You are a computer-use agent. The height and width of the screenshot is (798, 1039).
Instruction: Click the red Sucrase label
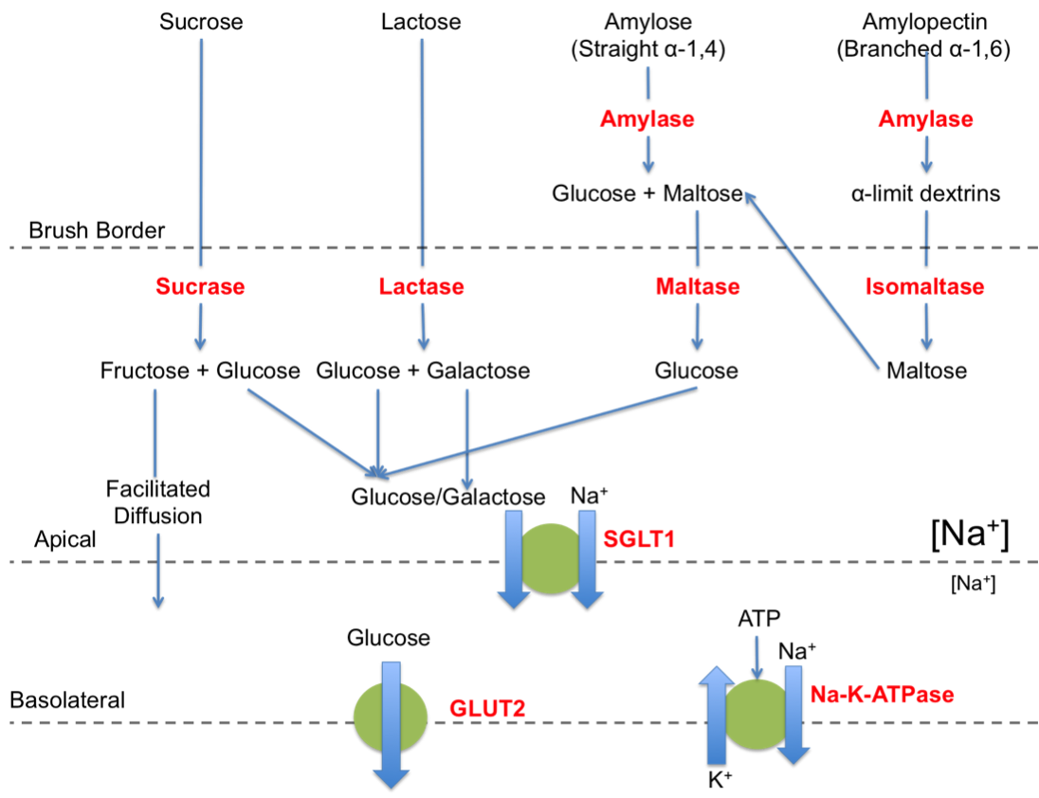click(x=200, y=286)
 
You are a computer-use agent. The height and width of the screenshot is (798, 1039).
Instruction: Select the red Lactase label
click(x=421, y=286)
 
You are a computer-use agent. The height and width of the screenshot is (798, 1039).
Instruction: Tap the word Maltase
click(x=697, y=286)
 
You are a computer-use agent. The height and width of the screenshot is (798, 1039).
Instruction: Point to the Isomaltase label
click(x=925, y=286)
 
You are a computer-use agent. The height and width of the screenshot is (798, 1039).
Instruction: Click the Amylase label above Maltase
click(x=647, y=119)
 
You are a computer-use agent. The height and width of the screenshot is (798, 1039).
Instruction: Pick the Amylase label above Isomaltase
click(x=925, y=119)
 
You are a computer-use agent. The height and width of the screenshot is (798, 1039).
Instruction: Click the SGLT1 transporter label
click(x=639, y=540)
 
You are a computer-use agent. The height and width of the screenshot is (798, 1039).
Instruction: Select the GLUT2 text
click(x=486, y=709)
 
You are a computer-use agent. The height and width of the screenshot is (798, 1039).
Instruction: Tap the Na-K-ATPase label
click(x=882, y=695)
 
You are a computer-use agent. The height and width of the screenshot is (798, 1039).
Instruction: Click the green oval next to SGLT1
click(x=551, y=559)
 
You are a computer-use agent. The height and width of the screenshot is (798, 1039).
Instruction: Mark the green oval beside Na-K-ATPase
click(x=756, y=714)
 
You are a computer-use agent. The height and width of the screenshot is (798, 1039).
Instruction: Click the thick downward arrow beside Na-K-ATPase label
click(x=793, y=715)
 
